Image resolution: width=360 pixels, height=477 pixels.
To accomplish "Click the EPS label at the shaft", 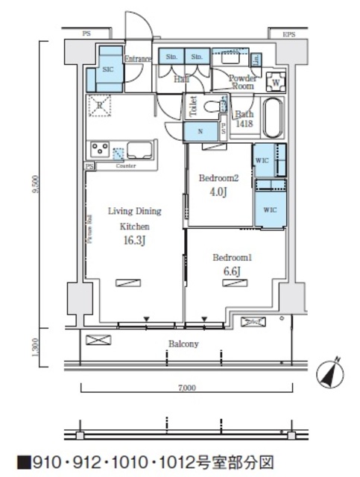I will point(288,34).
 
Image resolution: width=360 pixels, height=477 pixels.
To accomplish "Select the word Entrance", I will point(138,59).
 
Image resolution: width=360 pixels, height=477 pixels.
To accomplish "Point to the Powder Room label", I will point(241,82).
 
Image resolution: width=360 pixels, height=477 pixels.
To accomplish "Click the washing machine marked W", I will point(275,82).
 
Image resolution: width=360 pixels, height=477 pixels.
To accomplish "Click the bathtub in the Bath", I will point(272,117).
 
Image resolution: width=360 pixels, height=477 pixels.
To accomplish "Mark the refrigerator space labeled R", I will point(99,105).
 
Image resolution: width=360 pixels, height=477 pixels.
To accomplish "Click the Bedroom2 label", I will point(219,179).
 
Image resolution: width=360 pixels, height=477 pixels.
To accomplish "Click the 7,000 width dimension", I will point(186,388).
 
